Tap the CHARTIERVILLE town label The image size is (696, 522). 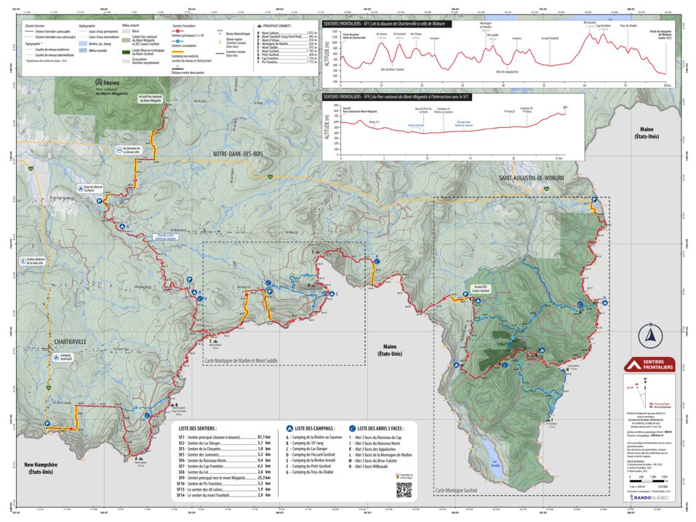(x=70, y=340)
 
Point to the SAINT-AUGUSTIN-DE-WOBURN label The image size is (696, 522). (x=534, y=178)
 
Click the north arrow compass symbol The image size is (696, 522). (x=649, y=335)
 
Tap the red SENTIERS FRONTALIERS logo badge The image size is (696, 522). (x=649, y=364)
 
